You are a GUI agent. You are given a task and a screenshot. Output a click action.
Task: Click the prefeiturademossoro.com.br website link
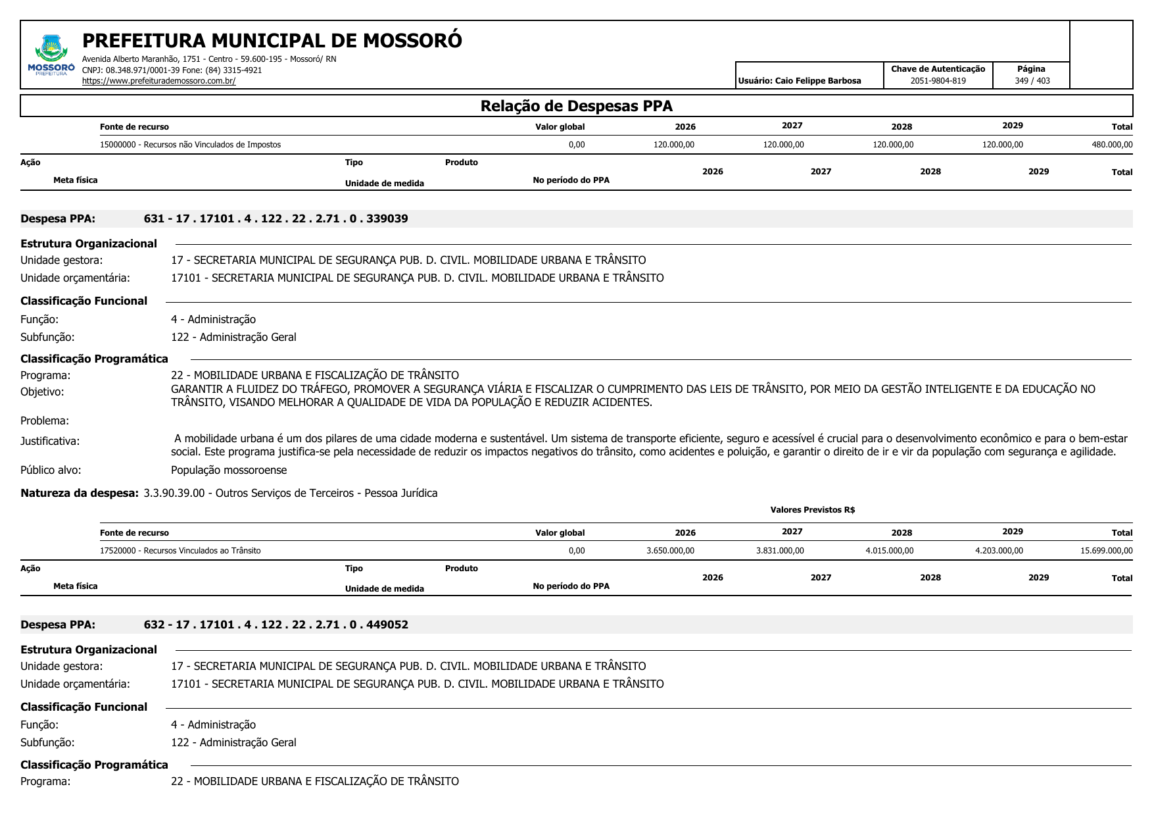click(x=158, y=81)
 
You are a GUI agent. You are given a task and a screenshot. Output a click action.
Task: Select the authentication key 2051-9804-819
click(x=938, y=81)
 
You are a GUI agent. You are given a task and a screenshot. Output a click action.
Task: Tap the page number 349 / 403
click(x=1032, y=81)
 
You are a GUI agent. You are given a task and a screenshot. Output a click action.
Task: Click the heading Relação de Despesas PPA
click(x=576, y=106)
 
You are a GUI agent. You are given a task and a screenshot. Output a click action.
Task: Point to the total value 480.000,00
click(x=1112, y=145)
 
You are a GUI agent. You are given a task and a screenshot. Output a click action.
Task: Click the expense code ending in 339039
click(x=276, y=218)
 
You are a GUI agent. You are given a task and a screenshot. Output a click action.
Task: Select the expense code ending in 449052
click(x=276, y=625)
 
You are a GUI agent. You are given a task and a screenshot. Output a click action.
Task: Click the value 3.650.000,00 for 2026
click(x=670, y=551)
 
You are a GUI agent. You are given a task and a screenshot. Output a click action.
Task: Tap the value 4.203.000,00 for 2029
click(x=999, y=551)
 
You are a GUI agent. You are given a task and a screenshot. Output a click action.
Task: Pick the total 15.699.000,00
click(x=1106, y=551)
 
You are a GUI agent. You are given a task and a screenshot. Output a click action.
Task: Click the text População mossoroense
click(x=229, y=470)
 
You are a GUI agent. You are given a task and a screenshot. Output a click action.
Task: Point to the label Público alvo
click(x=51, y=470)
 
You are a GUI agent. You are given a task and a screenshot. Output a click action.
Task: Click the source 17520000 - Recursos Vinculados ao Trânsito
click(x=180, y=551)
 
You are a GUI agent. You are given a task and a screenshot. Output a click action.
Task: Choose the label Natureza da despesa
click(x=80, y=493)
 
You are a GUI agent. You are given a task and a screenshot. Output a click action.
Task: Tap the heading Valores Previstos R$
click(x=812, y=510)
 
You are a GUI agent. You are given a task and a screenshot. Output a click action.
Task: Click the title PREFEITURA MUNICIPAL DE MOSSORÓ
click(x=272, y=41)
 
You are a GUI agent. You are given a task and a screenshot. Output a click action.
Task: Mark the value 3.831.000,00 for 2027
click(x=780, y=551)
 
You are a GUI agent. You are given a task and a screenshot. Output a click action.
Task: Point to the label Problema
click(x=45, y=421)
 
